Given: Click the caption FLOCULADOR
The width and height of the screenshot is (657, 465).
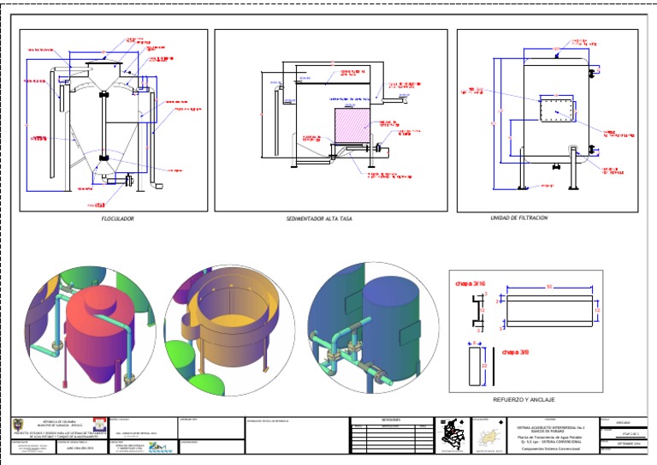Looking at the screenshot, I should pyautogui.click(x=117, y=219).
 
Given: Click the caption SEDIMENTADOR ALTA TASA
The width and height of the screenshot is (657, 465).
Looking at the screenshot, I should pyautogui.click(x=319, y=219).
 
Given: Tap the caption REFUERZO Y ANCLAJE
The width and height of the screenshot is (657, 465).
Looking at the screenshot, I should pyautogui.click(x=524, y=400).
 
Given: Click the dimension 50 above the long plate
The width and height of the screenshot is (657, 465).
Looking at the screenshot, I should pyautogui.click(x=548, y=286).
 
